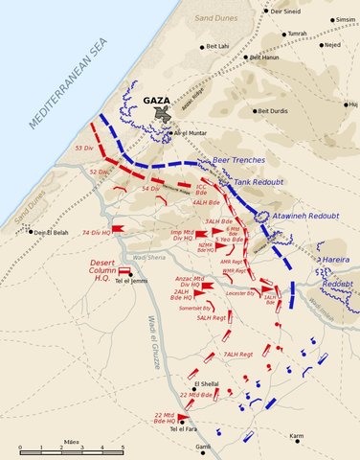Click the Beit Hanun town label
tap(267, 57)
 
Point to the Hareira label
tap(338, 261)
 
